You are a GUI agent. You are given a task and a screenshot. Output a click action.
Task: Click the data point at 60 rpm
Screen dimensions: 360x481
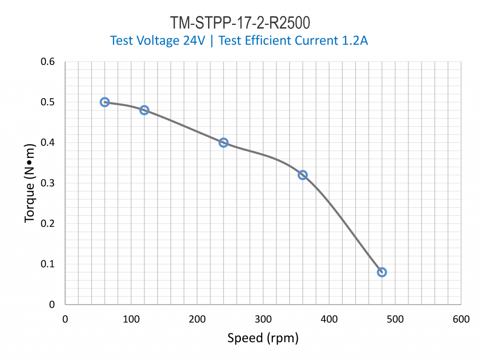105,102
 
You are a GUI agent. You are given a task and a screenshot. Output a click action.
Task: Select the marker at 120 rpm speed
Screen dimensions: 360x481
144,110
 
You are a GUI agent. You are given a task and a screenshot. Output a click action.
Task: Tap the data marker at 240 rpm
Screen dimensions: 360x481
224,142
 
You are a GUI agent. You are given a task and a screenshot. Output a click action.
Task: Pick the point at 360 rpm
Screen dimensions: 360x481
303,175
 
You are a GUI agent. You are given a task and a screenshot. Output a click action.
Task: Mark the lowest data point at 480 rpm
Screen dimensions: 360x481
382,272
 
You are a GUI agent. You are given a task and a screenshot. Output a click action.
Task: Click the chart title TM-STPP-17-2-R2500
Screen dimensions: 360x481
240,23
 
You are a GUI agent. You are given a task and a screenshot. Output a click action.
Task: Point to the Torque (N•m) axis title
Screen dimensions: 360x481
30,183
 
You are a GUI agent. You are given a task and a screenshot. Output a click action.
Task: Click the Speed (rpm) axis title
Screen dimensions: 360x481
263,337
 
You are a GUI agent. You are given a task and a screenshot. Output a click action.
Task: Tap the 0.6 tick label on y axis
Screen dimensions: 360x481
48,62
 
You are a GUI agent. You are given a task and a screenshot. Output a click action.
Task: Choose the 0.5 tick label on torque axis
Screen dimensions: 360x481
48,102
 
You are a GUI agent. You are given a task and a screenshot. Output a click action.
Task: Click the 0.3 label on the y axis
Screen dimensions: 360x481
48,183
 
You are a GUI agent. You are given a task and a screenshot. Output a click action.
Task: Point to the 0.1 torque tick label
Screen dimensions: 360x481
48,264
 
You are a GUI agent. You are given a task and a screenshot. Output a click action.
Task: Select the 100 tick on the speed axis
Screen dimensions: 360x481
131,320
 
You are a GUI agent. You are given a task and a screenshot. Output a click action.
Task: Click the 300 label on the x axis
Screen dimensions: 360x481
263,320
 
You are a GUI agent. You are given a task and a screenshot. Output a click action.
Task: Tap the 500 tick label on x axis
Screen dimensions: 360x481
395,320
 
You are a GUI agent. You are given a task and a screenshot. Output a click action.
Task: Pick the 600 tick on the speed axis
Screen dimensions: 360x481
461,320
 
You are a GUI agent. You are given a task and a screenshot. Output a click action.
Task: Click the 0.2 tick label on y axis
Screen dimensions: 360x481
48,224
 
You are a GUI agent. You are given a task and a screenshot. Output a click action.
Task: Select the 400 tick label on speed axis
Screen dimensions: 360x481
329,320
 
